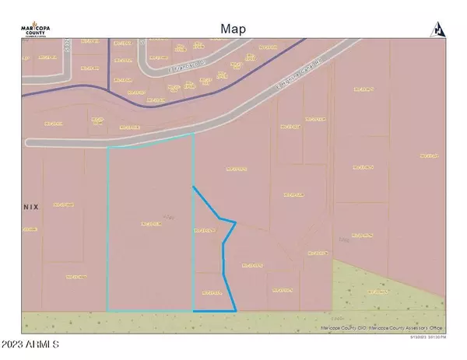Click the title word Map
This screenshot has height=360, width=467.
(x=233, y=29)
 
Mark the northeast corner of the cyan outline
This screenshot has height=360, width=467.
(x=193, y=135)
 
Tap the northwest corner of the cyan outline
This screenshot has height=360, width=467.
(x=107, y=146)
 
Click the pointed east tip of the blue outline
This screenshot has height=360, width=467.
(x=235, y=222)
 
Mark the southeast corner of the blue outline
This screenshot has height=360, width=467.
(x=235, y=311)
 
